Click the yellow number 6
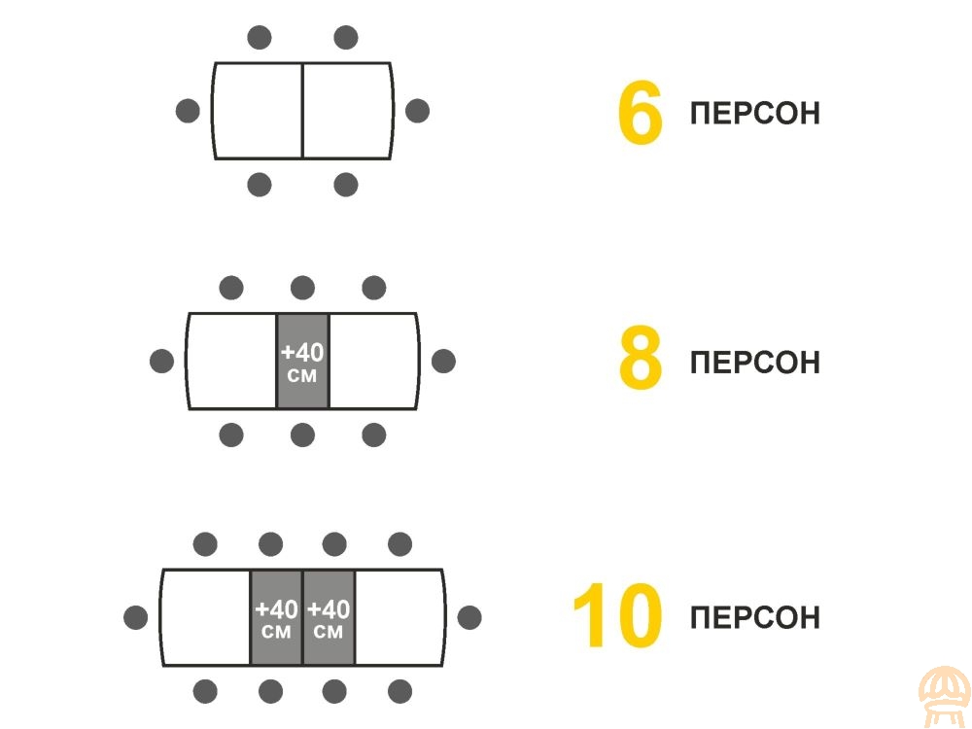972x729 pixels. point(641,113)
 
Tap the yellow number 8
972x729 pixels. point(641,358)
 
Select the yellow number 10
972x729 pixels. point(617,615)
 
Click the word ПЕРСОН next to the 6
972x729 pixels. point(754,114)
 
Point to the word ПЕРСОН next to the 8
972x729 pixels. point(754,363)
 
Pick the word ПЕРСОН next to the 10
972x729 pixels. point(754,618)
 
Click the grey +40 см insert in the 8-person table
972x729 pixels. point(302,362)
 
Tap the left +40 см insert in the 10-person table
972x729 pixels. point(276,618)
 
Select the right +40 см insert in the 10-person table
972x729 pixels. point(329,618)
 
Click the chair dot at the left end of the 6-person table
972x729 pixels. point(188,111)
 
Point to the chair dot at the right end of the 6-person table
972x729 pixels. point(417,111)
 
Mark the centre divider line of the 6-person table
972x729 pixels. point(302,111)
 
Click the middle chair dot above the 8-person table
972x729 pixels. point(302,288)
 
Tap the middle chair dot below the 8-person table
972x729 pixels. point(302,435)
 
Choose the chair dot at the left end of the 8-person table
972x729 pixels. point(161,361)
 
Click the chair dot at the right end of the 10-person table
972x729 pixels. point(469,617)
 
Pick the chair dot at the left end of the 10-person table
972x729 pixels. point(136,617)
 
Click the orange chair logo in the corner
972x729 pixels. point(944,697)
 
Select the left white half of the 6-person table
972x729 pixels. point(258,111)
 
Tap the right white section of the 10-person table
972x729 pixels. point(399,618)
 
